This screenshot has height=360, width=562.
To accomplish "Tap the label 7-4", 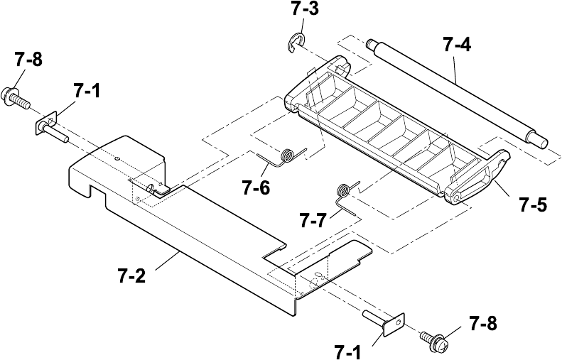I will pos(456,45).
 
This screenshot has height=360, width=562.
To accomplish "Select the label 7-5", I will pos(532,206).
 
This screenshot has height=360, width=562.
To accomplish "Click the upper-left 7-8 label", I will pos(28,60).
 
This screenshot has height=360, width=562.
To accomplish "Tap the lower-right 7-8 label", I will pos(482,324).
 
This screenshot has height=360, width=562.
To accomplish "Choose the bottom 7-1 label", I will pos(349,350).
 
